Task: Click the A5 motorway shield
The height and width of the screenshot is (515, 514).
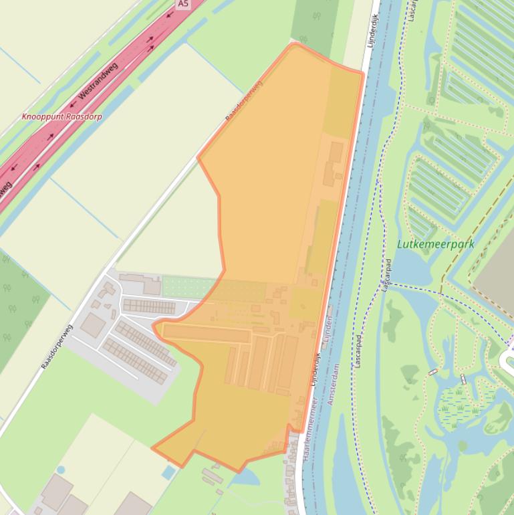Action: pos(183,4)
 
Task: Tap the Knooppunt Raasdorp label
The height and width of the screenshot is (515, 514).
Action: pos(61,116)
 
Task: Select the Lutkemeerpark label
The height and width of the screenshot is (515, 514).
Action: pos(435,244)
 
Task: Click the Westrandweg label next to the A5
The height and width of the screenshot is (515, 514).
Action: pos(98,82)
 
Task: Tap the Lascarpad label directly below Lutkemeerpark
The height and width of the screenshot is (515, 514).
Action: pos(386,275)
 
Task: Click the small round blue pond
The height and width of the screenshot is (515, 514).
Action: pos(61,470)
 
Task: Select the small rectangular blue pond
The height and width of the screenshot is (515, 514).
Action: pos(169,472)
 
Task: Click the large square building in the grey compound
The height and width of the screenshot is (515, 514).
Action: pos(93,326)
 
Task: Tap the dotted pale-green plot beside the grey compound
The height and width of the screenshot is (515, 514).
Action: pos(189,288)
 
